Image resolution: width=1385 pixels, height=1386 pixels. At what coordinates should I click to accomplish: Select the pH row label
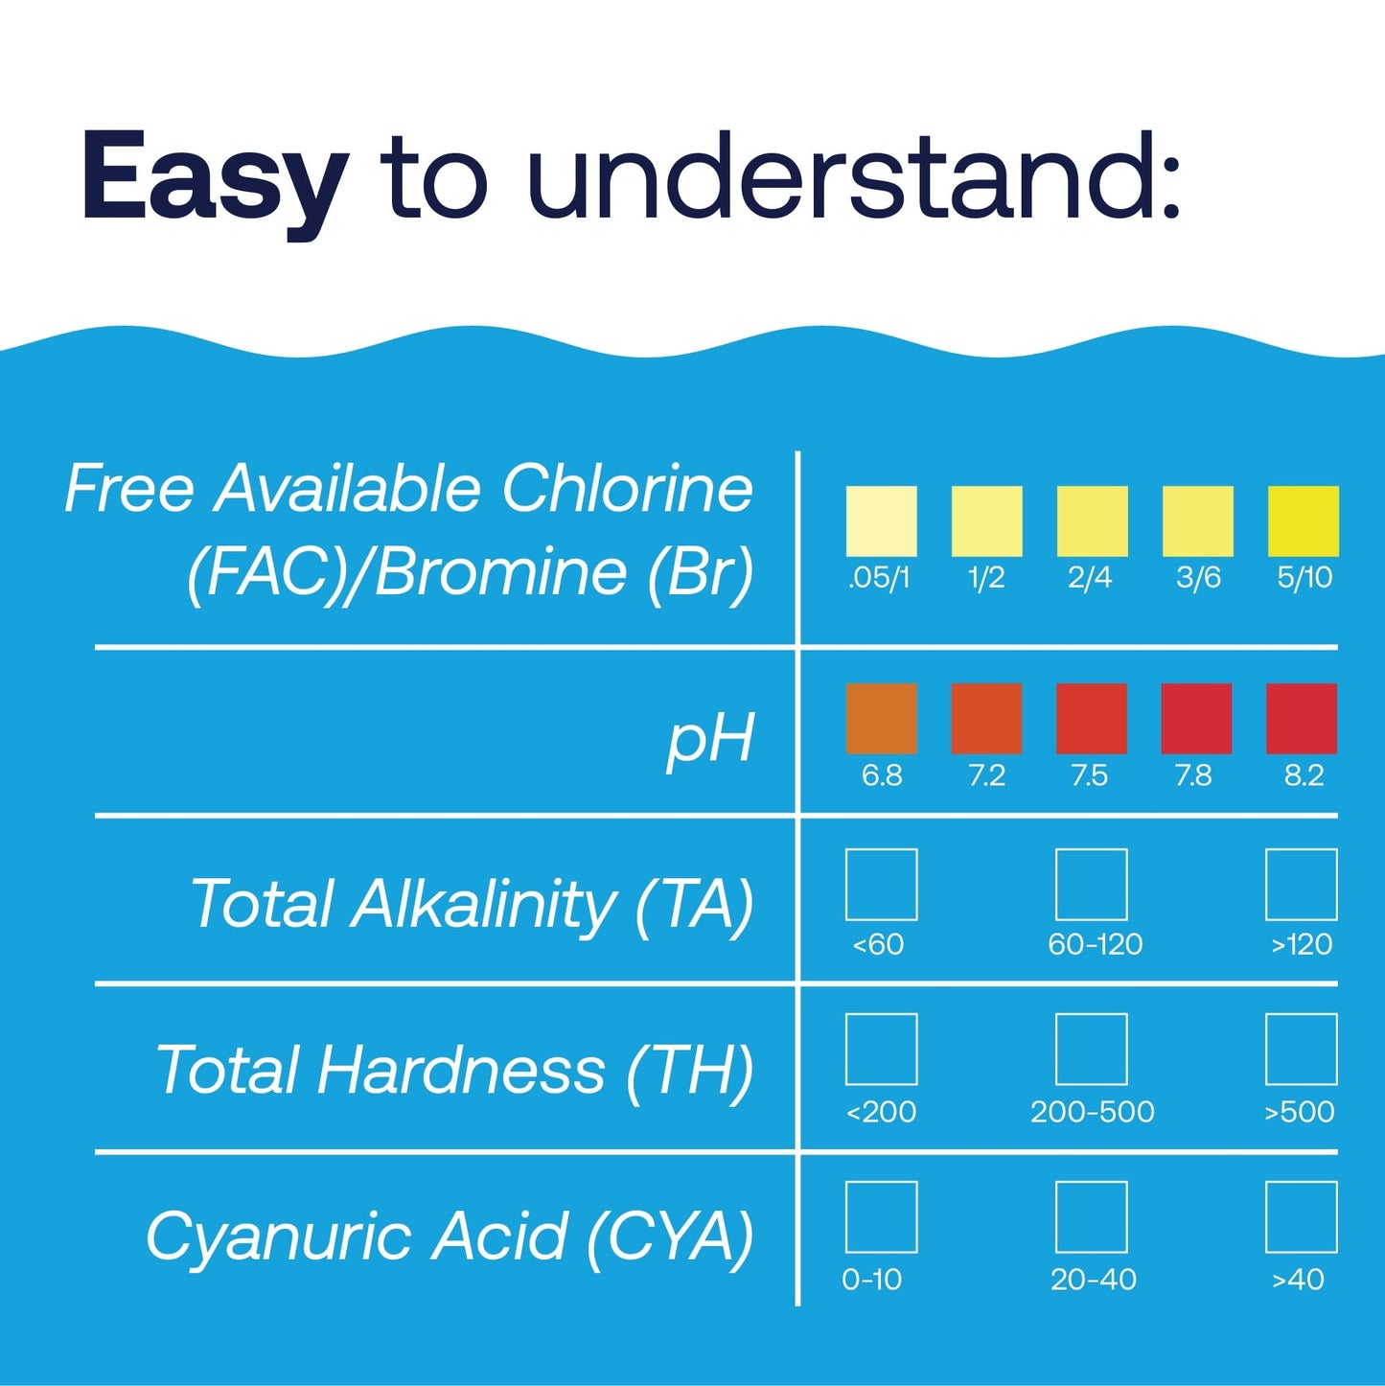click(x=710, y=738)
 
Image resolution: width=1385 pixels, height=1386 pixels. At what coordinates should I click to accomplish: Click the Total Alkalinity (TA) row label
click(x=473, y=905)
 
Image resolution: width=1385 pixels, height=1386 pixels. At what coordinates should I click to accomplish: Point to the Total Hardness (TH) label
click(x=455, y=1071)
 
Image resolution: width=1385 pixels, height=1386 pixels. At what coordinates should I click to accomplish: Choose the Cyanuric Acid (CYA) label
click(x=450, y=1236)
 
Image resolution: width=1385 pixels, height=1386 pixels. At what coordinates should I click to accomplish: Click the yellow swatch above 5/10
click(x=1303, y=520)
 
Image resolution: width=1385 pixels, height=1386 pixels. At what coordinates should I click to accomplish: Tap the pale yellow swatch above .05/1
click(x=881, y=520)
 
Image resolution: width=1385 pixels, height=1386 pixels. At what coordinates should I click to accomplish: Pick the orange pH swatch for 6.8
click(x=881, y=718)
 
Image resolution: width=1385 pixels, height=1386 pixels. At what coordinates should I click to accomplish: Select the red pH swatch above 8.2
click(x=1302, y=718)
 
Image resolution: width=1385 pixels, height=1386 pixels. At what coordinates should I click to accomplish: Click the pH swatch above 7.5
click(x=1091, y=718)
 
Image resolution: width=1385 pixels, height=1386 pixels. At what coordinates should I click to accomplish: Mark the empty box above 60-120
click(x=1091, y=884)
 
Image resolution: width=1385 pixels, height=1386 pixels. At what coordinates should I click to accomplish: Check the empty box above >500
click(x=1301, y=1049)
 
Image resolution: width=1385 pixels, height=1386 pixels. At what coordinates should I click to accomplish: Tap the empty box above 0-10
click(x=881, y=1216)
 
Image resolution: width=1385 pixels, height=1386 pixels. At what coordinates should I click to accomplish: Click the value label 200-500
click(x=1092, y=1112)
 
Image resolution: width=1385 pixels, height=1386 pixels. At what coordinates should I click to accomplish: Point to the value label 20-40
click(x=1093, y=1280)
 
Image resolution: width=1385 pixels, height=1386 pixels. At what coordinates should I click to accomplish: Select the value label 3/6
click(x=1198, y=578)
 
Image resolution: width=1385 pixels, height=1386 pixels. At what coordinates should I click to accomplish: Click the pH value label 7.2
click(x=986, y=775)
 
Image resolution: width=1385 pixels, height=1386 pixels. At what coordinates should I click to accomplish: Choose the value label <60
click(x=878, y=945)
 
